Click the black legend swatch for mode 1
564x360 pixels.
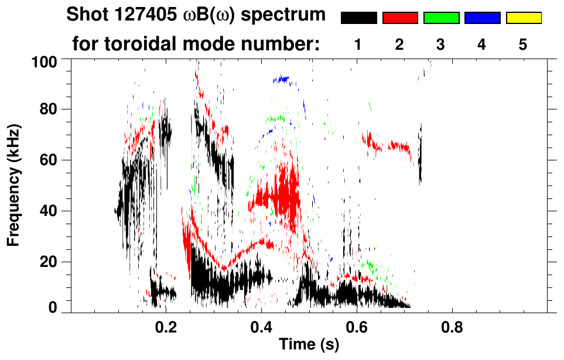358,18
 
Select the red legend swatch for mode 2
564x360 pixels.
400,18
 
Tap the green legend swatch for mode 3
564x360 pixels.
441,18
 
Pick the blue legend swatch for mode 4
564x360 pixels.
482,18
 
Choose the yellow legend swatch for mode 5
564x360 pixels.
524,18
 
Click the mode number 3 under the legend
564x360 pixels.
441,44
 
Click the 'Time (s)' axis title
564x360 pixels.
309,345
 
